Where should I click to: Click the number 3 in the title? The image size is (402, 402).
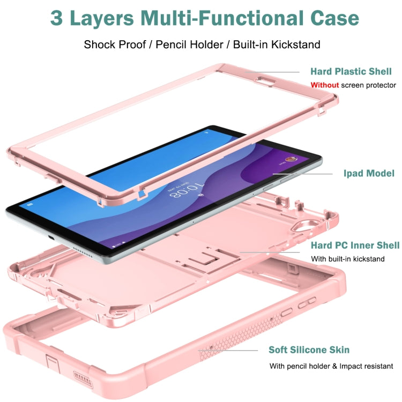click(x=58, y=18)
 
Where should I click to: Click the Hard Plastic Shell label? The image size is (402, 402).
click(x=351, y=71)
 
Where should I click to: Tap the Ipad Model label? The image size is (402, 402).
click(x=369, y=173)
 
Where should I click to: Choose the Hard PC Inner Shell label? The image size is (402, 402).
click(x=355, y=245)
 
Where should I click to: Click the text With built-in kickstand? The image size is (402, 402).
click(x=348, y=259)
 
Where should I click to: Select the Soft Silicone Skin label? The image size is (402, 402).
click(x=309, y=350)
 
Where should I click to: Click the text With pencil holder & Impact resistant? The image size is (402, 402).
click(x=331, y=366)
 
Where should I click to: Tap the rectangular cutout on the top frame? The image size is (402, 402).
click(x=264, y=80)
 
